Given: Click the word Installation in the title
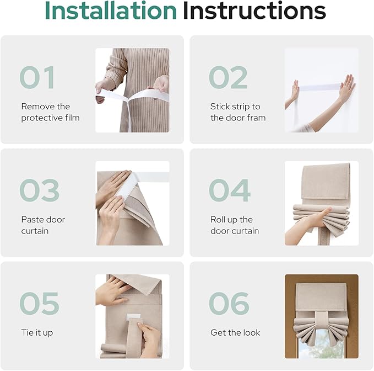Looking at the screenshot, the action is [111, 10].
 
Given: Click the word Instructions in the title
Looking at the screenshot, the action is [254, 10].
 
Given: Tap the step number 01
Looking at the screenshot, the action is [37, 77].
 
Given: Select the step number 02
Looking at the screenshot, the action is [228, 77].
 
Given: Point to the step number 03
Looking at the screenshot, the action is [39, 190].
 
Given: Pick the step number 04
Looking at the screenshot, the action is [230, 190].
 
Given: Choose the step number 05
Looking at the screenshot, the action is [39, 303].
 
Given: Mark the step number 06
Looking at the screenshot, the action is [229, 303].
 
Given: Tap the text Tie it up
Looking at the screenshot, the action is [37, 333].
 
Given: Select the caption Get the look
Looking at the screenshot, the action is [235, 332].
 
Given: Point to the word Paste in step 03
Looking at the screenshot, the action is [32, 219].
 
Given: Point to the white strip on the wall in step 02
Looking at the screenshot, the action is [319, 87].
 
